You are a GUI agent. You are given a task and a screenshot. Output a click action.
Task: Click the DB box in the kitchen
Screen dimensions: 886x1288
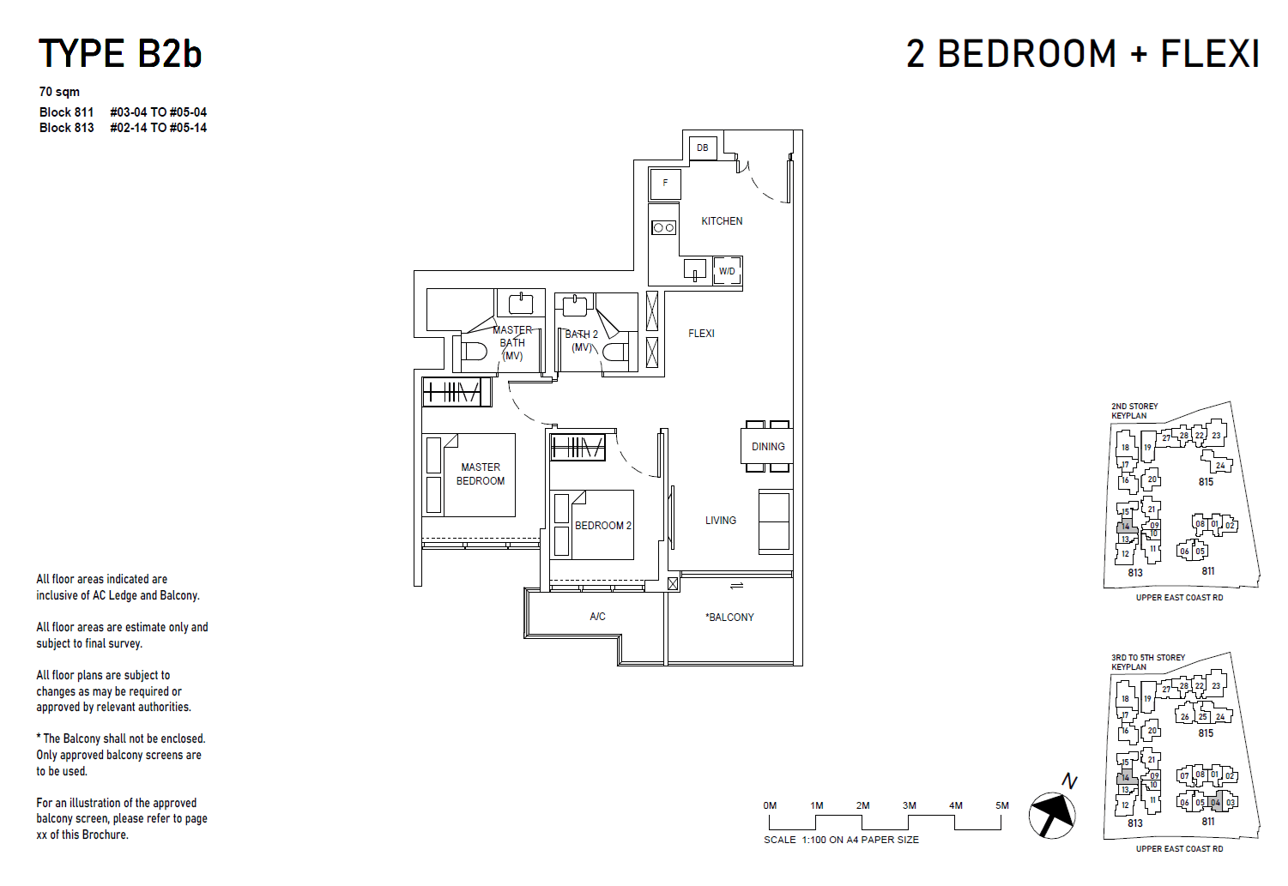point(703,148)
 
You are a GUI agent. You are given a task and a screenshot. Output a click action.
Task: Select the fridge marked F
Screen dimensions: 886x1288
point(665,184)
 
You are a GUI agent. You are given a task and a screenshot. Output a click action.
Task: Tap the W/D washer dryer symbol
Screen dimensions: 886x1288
point(727,271)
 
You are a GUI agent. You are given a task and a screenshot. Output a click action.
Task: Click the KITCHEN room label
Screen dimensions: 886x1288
point(722,221)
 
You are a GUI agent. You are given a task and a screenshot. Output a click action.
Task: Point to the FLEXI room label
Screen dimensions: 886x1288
point(701,334)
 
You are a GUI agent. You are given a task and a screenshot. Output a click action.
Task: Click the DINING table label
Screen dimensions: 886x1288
point(768,447)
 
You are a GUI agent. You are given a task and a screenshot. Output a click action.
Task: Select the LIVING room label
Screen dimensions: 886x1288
point(721,521)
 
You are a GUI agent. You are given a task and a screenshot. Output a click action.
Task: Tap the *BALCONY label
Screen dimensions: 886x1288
point(730,618)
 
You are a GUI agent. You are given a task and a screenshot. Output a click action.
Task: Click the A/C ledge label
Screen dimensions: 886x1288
point(598,617)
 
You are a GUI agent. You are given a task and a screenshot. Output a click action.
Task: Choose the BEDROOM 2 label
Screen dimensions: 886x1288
point(602,526)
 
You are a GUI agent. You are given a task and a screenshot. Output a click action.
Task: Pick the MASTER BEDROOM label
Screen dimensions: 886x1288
point(481,474)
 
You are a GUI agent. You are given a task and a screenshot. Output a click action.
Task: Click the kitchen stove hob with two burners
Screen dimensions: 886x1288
point(663,227)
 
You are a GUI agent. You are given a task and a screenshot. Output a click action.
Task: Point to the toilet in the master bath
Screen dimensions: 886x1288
point(474,351)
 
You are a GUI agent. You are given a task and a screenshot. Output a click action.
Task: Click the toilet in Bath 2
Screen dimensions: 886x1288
point(614,352)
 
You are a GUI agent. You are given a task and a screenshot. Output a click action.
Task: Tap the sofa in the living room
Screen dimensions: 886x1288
point(774,521)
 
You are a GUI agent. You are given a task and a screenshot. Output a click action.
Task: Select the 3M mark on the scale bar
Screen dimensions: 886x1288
point(910,806)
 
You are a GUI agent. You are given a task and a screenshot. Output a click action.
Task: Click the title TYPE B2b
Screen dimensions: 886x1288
point(120,54)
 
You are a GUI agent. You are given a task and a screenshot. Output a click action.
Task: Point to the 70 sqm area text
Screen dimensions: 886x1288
point(59,92)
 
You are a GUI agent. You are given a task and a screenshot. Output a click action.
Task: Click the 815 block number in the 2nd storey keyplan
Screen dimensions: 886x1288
point(1206,482)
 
